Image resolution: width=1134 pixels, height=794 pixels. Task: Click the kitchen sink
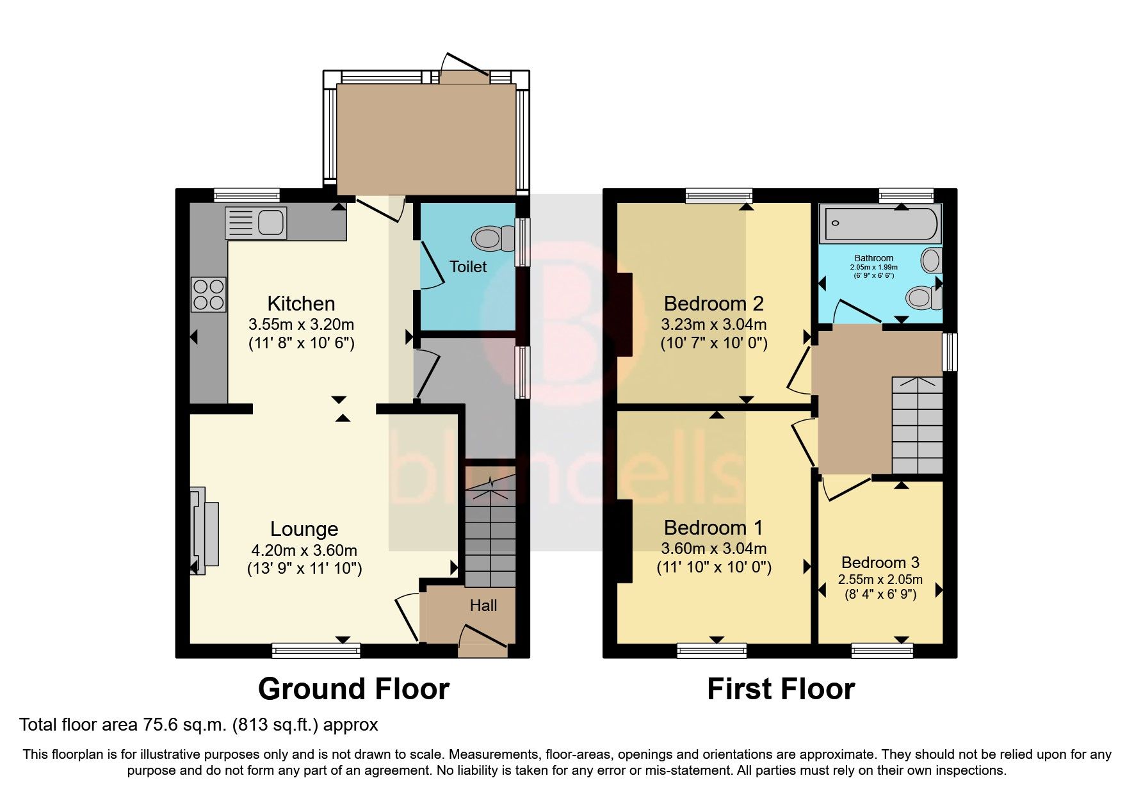(255, 223)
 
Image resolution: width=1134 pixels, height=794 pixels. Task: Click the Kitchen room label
(301, 303)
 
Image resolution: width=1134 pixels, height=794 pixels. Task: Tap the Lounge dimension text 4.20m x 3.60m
(304, 550)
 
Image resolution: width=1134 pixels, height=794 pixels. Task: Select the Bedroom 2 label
(713, 303)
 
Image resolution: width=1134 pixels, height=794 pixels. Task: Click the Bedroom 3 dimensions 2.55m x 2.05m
(880, 579)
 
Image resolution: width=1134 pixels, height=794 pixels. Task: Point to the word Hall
(483, 605)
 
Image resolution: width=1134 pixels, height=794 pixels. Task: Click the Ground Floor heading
(353, 689)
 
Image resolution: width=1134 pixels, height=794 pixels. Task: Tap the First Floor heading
(781, 689)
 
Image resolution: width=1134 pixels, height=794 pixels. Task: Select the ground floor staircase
(490, 531)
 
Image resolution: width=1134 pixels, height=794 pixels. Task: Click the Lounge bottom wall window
(316, 651)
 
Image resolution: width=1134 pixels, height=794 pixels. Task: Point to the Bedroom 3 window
(882, 651)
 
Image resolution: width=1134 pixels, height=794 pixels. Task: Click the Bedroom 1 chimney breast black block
(624, 541)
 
